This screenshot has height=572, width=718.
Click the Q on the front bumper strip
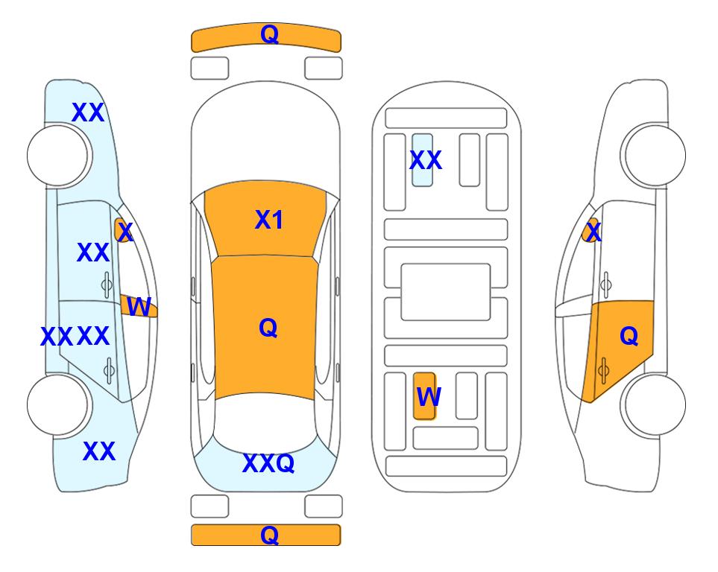coord(269,34)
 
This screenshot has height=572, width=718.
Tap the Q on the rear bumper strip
coord(269,535)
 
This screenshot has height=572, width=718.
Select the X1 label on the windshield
coord(269,220)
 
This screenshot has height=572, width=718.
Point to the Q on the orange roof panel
coord(268,328)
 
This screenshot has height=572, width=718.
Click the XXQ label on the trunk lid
coord(268,463)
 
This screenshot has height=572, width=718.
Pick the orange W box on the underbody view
coord(424,395)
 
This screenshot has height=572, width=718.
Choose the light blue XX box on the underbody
coord(422,160)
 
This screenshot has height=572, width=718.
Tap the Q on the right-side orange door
coord(629,336)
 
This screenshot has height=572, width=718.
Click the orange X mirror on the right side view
coord(591,230)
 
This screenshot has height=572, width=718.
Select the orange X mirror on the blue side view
coord(123,230)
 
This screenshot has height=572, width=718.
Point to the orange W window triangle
coord(138,305)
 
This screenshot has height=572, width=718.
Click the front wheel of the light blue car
coord(57,156)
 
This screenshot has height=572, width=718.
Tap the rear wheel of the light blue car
coord(57,404)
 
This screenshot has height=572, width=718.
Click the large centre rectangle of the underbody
coord(446,292)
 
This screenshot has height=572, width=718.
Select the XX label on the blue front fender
coord(88,112)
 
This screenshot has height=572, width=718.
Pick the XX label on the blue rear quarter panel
coord(99,451)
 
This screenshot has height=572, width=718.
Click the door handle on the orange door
coord(603,370)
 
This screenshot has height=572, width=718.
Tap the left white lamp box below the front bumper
coord(210,69)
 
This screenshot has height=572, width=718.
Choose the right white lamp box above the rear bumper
coord(324,506)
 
